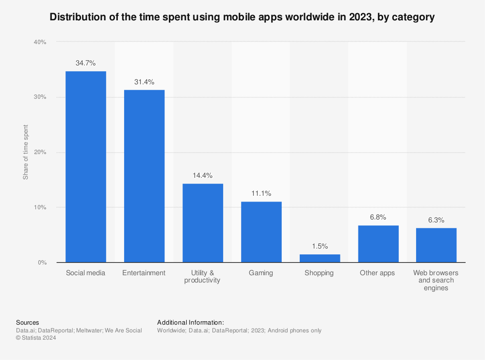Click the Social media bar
tap(86, 167)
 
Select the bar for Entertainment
tap(144, 176)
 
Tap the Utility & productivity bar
tap(203, 223)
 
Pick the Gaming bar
tap(261, 232)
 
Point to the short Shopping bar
tap(320, 258)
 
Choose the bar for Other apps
tap(378, 244)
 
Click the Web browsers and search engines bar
tap(436, 245)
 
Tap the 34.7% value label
tap(86, 63)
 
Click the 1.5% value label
tap(320, 246)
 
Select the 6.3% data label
tap(436, 220)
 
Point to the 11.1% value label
tap(261, 193)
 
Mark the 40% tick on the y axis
tap(40, 42)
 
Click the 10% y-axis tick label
tap(40, 207)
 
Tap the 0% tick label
tap(42, 263)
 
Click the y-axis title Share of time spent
tap(26, 152)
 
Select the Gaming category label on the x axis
tap(261, 273)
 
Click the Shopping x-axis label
tap(319, 273)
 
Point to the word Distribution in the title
tap(74, 17)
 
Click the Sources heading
tap(28, 322)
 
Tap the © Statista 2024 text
tap(36, 338)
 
